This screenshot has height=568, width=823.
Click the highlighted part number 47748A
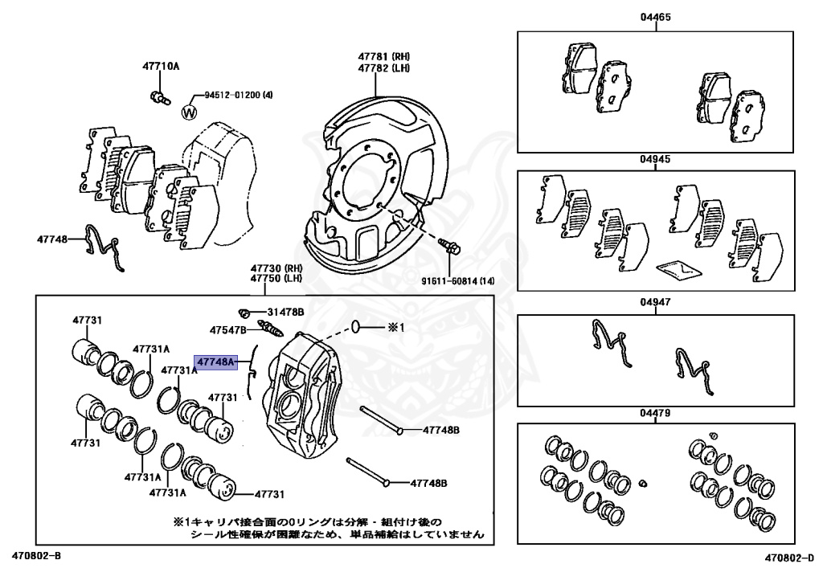(214, 362)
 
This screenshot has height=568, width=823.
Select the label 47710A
(162, 66)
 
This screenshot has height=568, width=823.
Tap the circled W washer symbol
(190, 112)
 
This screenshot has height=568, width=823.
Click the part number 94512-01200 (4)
(238, 95)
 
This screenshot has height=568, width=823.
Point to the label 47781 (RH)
(384, 57)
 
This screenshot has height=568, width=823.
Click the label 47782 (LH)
(384, 68)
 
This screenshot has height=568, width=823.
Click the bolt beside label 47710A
(158, 99)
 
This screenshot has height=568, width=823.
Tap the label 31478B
(285, 312)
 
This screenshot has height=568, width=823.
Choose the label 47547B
(229, 330)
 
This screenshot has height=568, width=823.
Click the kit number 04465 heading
(655, 18)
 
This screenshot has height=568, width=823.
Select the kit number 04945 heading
(655, 159)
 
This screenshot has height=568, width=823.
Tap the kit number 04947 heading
(655, 303)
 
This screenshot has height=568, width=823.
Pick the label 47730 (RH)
(276, 268)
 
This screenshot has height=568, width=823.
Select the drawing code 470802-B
(36, 555)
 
